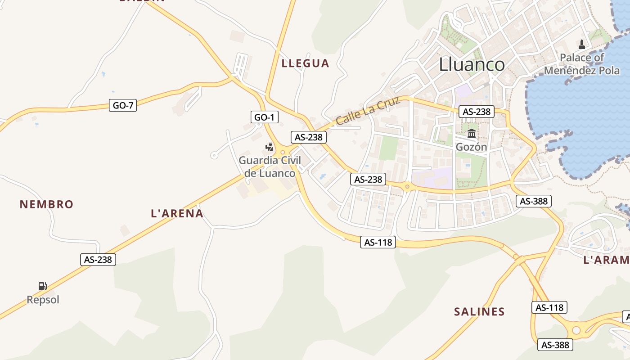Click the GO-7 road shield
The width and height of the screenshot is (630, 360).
(x=123, y=106)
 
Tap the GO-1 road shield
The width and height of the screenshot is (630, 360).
(x=264, y=117)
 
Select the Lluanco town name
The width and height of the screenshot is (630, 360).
(x=472, y=65)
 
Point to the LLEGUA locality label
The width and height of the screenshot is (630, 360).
(x=305, y=63)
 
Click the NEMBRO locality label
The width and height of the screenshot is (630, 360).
(x=46, y=204)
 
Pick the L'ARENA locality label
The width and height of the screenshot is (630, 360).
(x=177, y=213)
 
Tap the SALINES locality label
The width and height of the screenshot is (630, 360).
(x=479, y=311)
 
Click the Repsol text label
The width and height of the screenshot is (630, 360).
(x=43, y=300)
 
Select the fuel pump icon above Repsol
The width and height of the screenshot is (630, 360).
(x=42, y=286)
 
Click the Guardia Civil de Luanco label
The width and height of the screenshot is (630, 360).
(x=270, y=166)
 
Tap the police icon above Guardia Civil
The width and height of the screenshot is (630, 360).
(x=269, y=147)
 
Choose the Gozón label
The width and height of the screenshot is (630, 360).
(x=471, y=147)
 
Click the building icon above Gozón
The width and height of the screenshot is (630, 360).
(x=472, y=133)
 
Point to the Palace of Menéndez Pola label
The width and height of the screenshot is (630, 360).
(x=582, y=64)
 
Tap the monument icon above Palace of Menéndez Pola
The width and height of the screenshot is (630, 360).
(x=582, y=44)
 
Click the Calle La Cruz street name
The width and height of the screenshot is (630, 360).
(x=368, y=111)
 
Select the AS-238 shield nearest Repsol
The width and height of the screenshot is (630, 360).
(x=98, y=260)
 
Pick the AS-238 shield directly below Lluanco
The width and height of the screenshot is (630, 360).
(x=477, y=112)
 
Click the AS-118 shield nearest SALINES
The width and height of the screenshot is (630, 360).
(x=549, y=308)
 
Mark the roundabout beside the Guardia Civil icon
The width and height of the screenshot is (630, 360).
(x=283, y=152)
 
